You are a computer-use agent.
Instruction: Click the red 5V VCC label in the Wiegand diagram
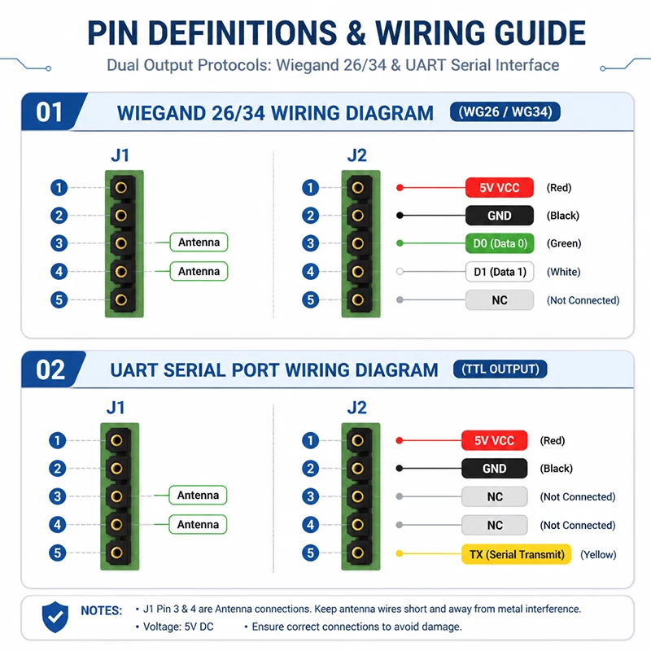[x=500, y=188]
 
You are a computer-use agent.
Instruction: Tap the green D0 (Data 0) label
[x=500, y=243]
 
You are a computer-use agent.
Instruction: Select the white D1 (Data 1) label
[x=500, y=272]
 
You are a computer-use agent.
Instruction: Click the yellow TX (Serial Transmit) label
[x=517, y=554]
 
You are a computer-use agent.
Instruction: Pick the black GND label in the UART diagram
[x=495, y=469]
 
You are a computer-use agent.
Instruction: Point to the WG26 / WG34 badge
[x=505, y=111]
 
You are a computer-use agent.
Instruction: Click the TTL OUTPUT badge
[x=500, y=369]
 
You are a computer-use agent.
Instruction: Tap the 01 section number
[x=50, y=112]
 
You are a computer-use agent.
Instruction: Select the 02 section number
[x=50, y=369]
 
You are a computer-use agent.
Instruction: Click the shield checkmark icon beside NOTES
[x=55, y=617]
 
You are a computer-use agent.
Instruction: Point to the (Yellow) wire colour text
[x=598, y=555]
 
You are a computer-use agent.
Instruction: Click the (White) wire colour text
[x=563, y=272]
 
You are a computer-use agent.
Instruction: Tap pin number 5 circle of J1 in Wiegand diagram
[x=59, y=299]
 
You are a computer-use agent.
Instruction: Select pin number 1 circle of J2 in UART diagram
[x=311, y=440]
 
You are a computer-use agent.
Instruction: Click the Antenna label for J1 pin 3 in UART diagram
[x=198, y=496]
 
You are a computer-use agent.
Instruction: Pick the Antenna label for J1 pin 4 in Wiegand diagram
[x=199, y=271]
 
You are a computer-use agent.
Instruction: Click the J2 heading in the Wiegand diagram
[x=357, y=155]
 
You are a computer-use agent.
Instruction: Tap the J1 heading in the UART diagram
[x=116, y=408]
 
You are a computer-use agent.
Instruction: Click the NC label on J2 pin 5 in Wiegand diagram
[x=500, y=300]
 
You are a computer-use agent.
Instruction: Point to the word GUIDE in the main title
[x=540, y=33]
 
